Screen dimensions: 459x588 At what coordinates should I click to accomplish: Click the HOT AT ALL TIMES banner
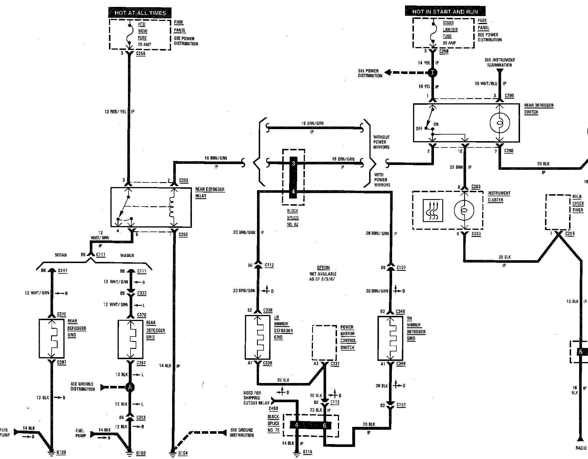(x=140, y=13)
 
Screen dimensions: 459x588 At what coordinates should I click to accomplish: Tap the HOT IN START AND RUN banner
(x=445, y=11)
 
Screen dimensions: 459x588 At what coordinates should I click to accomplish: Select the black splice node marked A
(x=130, y=388)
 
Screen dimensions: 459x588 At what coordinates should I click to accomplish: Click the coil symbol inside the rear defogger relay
(x=172, y=207)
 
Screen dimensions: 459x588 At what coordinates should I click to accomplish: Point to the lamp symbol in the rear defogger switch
(x=500, y=123)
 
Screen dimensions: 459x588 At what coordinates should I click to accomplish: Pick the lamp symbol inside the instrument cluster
(x=464, y=210)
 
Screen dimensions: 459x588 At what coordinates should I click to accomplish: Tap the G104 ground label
(x=183, y=453)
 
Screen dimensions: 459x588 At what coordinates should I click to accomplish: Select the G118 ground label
(x=307, y=452)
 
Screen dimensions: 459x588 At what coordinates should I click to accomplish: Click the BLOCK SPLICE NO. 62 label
(x=293, y=217)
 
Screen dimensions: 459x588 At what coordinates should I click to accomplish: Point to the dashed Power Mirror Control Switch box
(x=324, y=342)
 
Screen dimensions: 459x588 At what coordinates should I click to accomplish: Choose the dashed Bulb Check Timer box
(x=558, y=212)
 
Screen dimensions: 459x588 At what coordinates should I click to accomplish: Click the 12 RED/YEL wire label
(x=115, y=112)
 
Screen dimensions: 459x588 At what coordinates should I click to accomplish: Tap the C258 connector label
(x=141, y=53)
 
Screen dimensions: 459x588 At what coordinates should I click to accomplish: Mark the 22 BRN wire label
(x=456, y=167)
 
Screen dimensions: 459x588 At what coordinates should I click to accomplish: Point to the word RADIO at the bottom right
(x=581, y=456)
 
